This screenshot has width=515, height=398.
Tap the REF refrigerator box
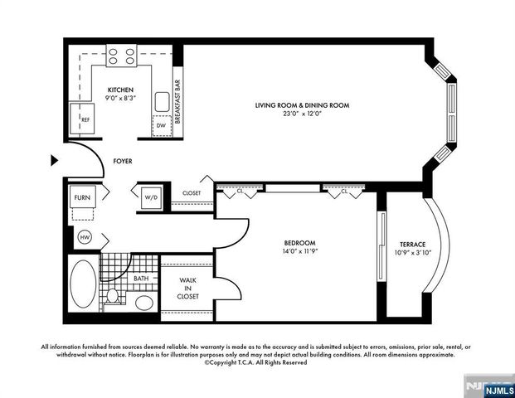(84, 119)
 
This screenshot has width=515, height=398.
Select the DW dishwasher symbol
(161, 125)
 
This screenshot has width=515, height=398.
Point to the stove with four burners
(121, 56)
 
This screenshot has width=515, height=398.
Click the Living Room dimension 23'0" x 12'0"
(302, 114)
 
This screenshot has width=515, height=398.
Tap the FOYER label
(123, 161)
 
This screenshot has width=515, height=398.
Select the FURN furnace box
(82, 197)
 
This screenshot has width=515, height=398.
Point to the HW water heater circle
(84, 237)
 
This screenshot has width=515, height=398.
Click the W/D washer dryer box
(151, 197)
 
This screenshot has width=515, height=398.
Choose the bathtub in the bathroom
(83, 285)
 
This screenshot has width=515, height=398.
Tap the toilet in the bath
(114, 296)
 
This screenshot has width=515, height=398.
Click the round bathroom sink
(144, 302)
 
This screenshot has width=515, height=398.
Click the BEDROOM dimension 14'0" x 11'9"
(299, 252)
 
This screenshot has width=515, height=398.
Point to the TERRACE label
(412, 244)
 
